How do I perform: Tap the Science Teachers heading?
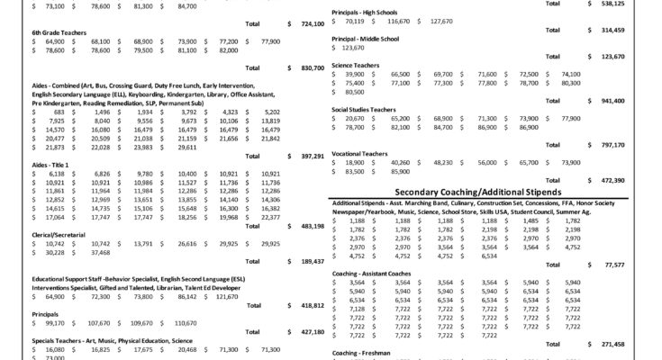pos(355,65)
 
